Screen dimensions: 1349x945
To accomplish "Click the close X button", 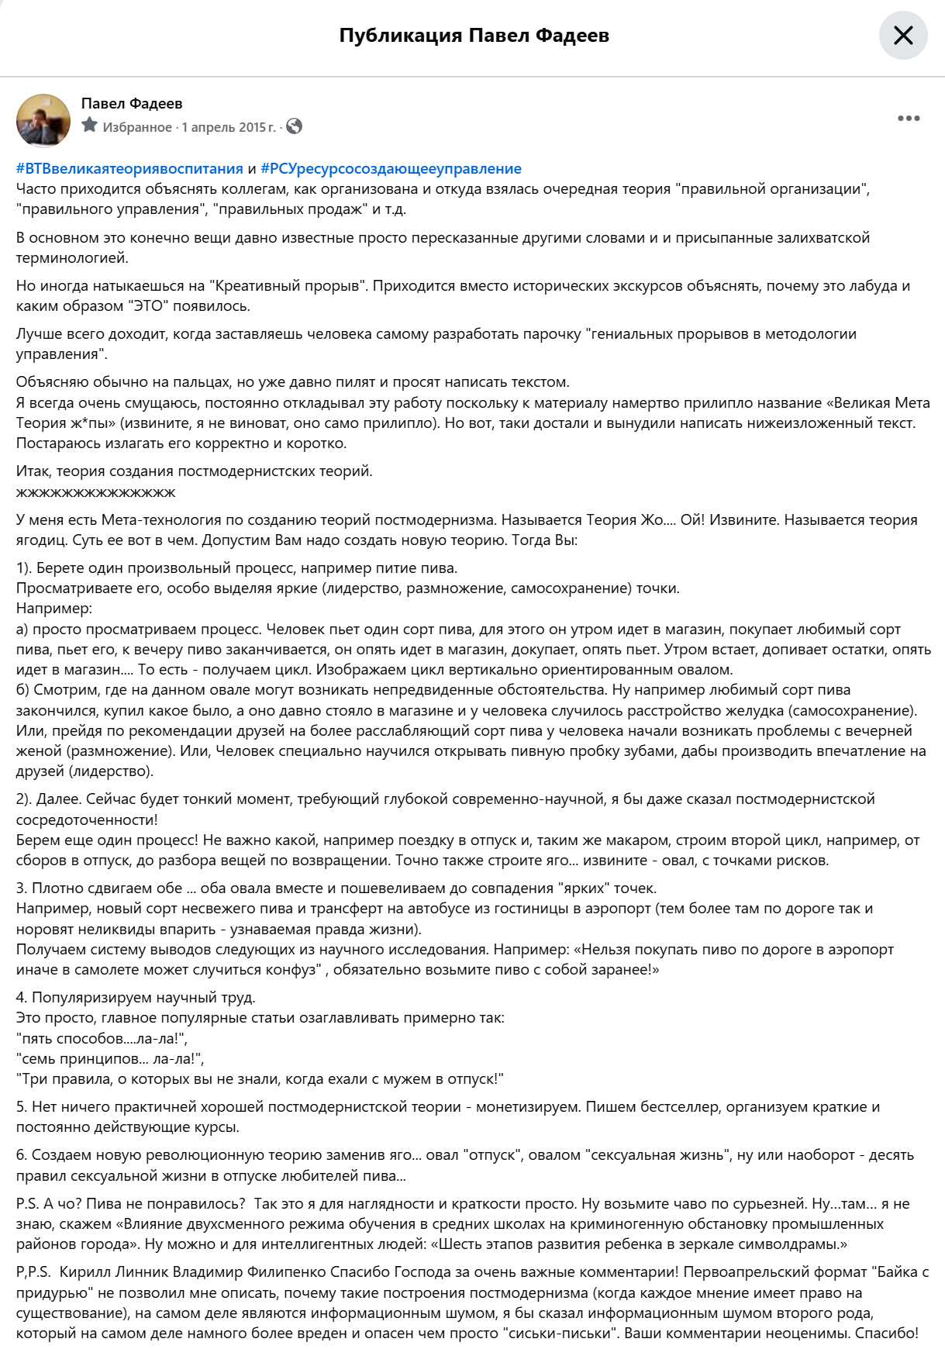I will [903, 36].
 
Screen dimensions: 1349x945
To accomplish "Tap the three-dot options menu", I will [909, 119].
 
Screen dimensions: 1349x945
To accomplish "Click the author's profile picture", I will [43, 120].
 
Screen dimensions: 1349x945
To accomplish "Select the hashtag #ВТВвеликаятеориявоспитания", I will [129, 169].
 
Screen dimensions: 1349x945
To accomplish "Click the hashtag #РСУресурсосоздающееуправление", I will [391, 169].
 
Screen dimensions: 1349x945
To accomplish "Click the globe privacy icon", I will [295, 126].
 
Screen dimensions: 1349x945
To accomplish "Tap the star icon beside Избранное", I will [90, 126].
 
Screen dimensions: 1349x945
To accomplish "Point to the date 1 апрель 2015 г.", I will [228, 127].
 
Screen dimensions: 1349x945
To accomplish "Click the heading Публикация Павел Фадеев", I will [474, 36].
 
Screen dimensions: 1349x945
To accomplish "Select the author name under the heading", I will [132, 104].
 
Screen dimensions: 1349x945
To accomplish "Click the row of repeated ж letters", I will [96, 492].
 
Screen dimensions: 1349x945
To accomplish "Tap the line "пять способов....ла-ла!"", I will [102, 1039].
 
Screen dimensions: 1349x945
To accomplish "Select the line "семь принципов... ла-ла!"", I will [110, 1059].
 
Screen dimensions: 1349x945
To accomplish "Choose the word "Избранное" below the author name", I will [137, 127].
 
